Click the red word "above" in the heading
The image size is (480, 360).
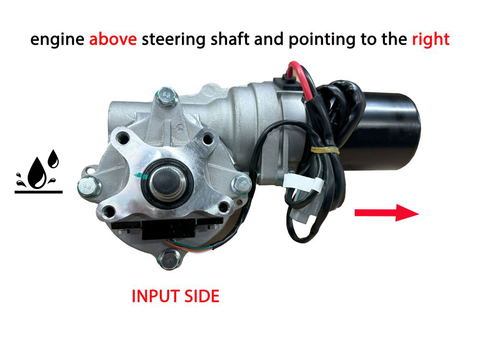click(x=113, y=39)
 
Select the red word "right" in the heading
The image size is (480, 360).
click(x=431, y=40)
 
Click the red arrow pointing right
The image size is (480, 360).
click(x=386, y=213)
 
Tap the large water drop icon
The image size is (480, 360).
click(x=37, y=173)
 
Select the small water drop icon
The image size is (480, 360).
click(x=53, y=158)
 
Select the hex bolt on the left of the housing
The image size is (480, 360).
click(x=89, y=186)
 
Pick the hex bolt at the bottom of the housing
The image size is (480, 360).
click(x=169, y=259)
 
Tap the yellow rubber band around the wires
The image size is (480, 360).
click(x=325, y=150)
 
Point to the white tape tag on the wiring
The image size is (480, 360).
click(x=303, y=182)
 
